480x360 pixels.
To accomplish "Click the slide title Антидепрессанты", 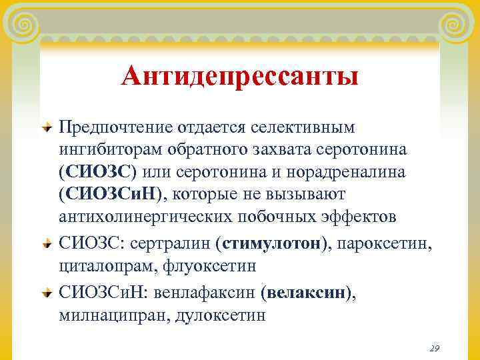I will tap(240, 76).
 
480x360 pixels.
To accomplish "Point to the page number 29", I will tap(434, 348).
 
